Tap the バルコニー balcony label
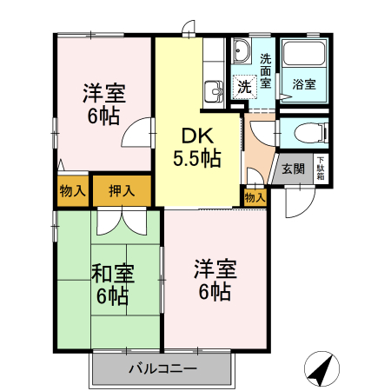[x=162, y=368]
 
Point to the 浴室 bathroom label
[x=303, y=85]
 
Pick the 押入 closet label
[x=122, y=191]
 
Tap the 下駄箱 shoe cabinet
[x=321, y=167]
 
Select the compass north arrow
[x=322, y=368]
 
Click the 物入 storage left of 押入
[x=72, y=191]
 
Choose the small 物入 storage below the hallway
[x=255, y=198]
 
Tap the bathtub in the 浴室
[x=304, y=62]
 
